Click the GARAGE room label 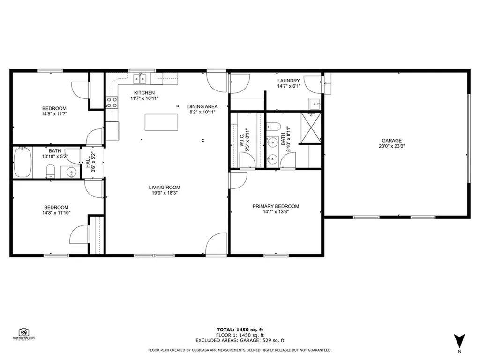tap(391, 140)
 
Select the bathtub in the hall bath tap(22, 162)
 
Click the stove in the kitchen tap(112, 103)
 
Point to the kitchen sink tap(140, 78)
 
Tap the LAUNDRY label tap(288, 81)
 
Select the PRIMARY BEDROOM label tap(276, 206)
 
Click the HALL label tap(88, 162)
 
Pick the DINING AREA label tap(202, 106)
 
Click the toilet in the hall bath tap(51, 172)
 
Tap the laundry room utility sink tap(315, 103)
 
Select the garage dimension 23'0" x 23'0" tap(391, 146)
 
